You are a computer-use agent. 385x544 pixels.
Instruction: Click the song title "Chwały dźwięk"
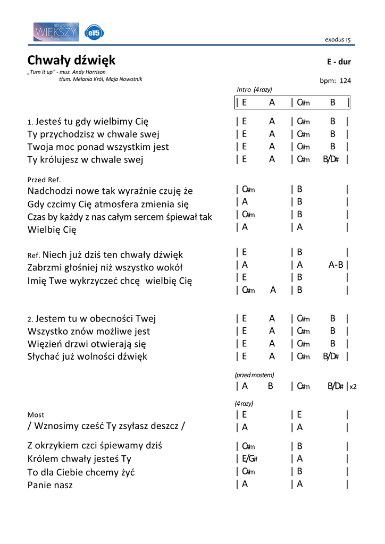[x=71, y=60]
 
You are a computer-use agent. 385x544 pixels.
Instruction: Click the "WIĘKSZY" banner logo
[x=56, y=32]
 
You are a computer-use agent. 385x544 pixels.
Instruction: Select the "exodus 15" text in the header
[x=338, y=40]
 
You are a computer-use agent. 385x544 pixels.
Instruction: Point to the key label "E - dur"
[x=339, y=62]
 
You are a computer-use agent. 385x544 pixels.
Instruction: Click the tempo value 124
[x=345, y=81]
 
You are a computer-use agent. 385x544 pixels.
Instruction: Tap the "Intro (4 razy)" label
[x=254, y=89]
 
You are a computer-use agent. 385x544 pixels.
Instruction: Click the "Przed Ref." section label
[x=44, y=180]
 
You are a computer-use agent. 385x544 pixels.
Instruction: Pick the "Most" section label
[x=36, y=414]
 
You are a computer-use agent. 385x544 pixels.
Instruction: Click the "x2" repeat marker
[x=353, y=387]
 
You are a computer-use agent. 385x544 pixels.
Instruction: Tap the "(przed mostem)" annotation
[x=254, y=375]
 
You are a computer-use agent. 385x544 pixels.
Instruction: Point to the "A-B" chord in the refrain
[x=336, y=265]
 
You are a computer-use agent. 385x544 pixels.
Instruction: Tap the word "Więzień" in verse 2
[x=45, y=344]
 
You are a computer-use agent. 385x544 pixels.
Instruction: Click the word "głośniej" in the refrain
[x=91, y=267]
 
